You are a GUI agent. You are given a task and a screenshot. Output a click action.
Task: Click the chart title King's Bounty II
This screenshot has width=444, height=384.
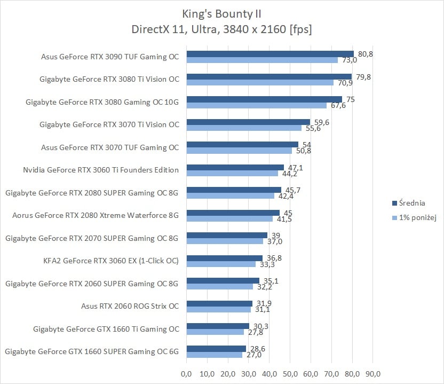pyautogui.click(x=221, y=13)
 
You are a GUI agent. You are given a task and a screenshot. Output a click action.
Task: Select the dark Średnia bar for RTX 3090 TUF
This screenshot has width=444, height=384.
pyautogui.click(x=270, y=53)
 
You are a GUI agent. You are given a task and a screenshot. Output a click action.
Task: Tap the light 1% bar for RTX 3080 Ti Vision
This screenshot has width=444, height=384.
pyautogui.click(x=260, y=83)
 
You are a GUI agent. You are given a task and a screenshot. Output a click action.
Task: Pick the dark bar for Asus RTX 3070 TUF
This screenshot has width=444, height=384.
pyautogui.click(x=242, y=144)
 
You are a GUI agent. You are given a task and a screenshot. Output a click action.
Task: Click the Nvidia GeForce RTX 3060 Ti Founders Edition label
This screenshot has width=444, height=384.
pyautogui.click(x=101, y=170)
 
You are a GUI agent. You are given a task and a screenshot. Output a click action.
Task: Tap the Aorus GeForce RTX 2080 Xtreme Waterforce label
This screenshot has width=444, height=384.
pyautogui.click(x=96, y=215)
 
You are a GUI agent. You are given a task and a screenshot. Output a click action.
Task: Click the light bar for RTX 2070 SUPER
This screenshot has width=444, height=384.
pyautogui.click(x=225, y=241)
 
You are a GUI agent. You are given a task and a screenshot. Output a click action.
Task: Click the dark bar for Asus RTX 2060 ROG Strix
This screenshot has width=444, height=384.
pyautogui.click(x=219, y=303)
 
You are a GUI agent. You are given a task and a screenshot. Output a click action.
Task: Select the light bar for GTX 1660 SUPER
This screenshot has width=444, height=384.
pyautogui.click(x=215, y=355)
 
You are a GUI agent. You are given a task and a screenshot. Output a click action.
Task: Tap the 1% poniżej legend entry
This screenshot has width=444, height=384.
pyautogui.click(x=415, y=218)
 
